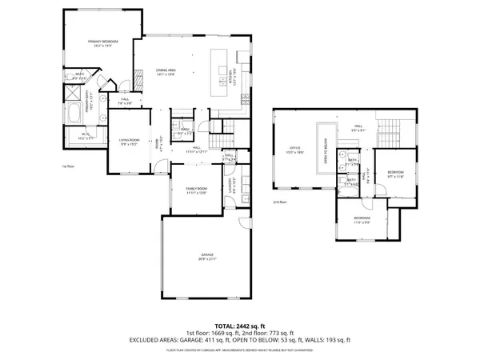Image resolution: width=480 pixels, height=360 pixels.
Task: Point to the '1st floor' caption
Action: (68, 166)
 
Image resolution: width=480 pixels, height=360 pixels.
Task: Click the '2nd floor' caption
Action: (279, 202)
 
